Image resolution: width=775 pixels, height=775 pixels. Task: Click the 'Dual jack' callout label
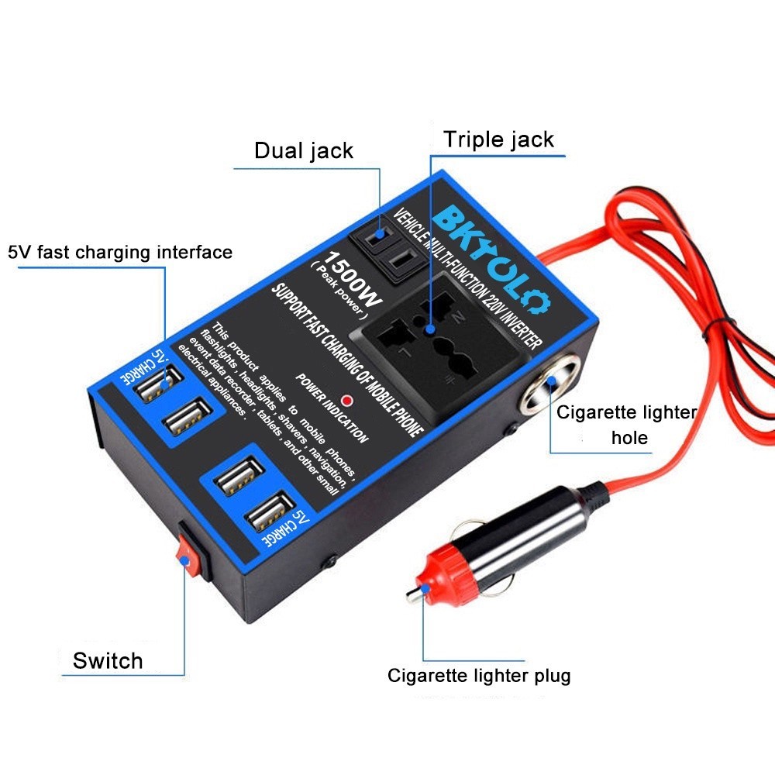click(304, 151)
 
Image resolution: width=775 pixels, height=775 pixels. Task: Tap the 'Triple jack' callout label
click(498, 139)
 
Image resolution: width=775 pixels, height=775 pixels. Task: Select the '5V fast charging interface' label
click(120, 252)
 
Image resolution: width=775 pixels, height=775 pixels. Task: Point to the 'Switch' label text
click(108, 660)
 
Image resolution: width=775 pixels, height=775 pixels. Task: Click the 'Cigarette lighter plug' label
click(479, 676)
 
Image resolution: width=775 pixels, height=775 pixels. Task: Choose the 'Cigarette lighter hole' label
click(627, 425)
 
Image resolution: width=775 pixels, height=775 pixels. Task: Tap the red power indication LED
click(347, 401)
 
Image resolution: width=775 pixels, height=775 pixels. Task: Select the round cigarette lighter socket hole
click(549, 384)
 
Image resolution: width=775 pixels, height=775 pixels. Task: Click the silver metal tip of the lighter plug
click(413, 594)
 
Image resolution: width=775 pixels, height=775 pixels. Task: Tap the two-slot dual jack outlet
click(389, 248)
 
